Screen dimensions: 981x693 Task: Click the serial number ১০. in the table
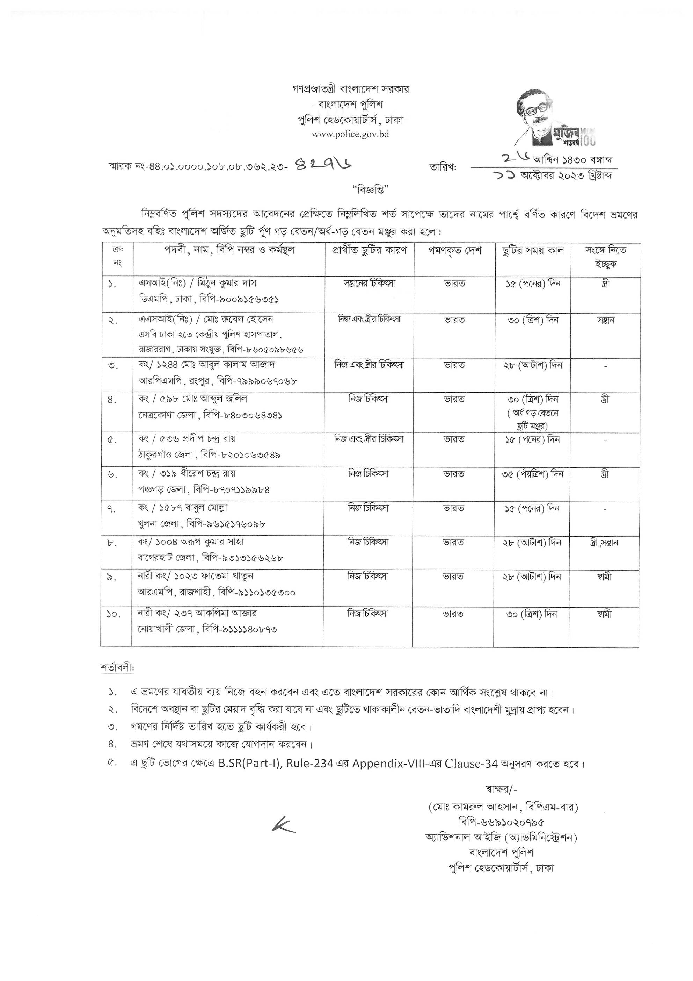(113, 614)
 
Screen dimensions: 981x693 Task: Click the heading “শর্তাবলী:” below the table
(117, 668)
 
